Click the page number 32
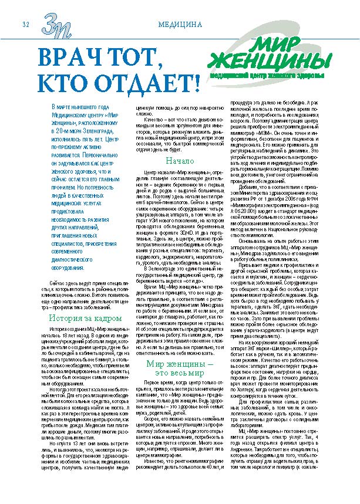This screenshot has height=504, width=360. click(x=25, y=24)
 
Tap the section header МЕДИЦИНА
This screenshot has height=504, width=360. click(x=180, y=25)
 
